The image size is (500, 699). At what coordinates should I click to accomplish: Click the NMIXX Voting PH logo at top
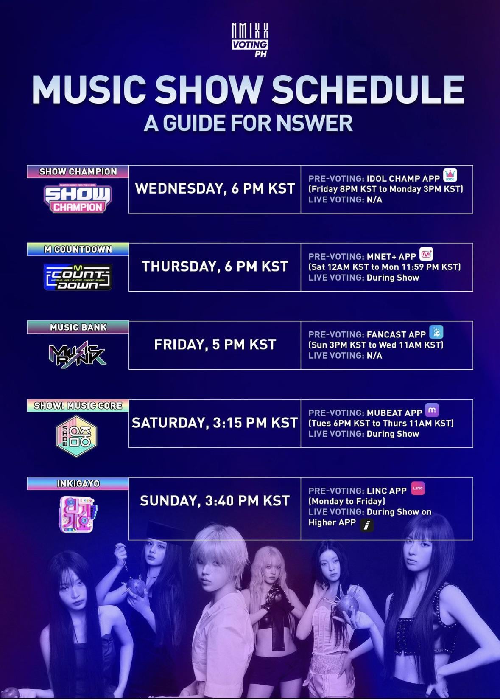(x=250, y=40)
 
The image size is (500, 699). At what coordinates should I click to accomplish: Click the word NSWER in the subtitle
(x=314, y=123)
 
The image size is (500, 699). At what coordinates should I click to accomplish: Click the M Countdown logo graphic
(x=78, y=277)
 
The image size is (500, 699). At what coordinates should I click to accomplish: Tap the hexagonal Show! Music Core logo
(x=77, y=436)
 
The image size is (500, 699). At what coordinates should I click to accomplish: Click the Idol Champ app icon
(x=450, y=175)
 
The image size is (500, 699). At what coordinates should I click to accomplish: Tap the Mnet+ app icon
(x=426, y=254)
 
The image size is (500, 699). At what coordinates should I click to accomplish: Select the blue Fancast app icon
(x=436, y=332)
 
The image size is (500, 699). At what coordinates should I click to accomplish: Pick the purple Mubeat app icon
(x=432, y=410)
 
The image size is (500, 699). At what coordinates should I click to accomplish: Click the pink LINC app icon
(x=418, y=488)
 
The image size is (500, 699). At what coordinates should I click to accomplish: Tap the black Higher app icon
(x=367, y=525)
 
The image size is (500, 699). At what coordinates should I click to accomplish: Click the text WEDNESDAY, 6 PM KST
(x=215, y=189)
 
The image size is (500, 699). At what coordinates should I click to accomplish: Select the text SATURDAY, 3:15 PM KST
(x=215, y=423)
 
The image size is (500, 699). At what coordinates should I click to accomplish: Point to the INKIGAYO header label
(x=78, y=484)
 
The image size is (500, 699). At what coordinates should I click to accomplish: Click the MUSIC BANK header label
(x=78, y=327)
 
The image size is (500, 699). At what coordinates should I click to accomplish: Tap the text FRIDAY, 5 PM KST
(x=215, y=345)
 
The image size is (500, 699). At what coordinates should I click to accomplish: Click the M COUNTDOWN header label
(x=78, y=249)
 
